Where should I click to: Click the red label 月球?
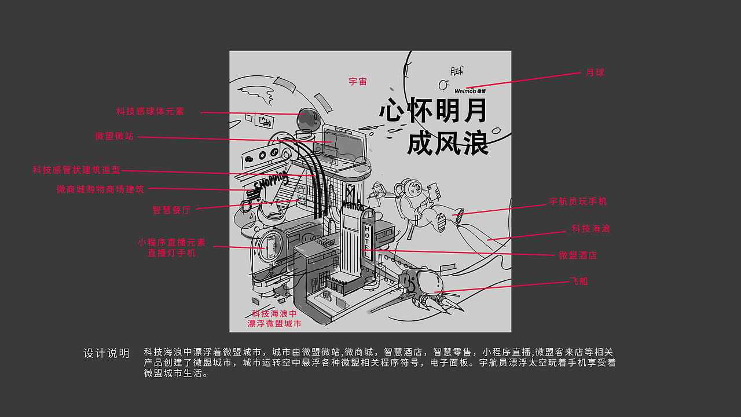(x=595, y=73)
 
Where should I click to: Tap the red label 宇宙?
(x=358, y=82)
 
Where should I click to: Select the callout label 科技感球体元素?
(x=150, y=111)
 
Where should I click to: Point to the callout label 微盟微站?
(x=115, y=136)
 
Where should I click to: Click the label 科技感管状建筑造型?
(x=76, y=170)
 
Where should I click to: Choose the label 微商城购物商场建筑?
(x=100, y=189)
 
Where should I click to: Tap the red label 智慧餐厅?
(x=171, y=210)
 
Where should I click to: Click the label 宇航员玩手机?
(x=578, y=202)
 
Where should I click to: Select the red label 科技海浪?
(x=590, y=229)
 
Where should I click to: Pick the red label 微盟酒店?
(x=578, y=255)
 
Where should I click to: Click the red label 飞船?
(x=579, y=281)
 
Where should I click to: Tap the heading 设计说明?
(x=107, y=353)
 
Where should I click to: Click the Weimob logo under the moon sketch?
(x=470, y=92)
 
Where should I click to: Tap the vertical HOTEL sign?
(x=367, y=237)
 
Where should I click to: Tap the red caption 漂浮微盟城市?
(x=274, y=324)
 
